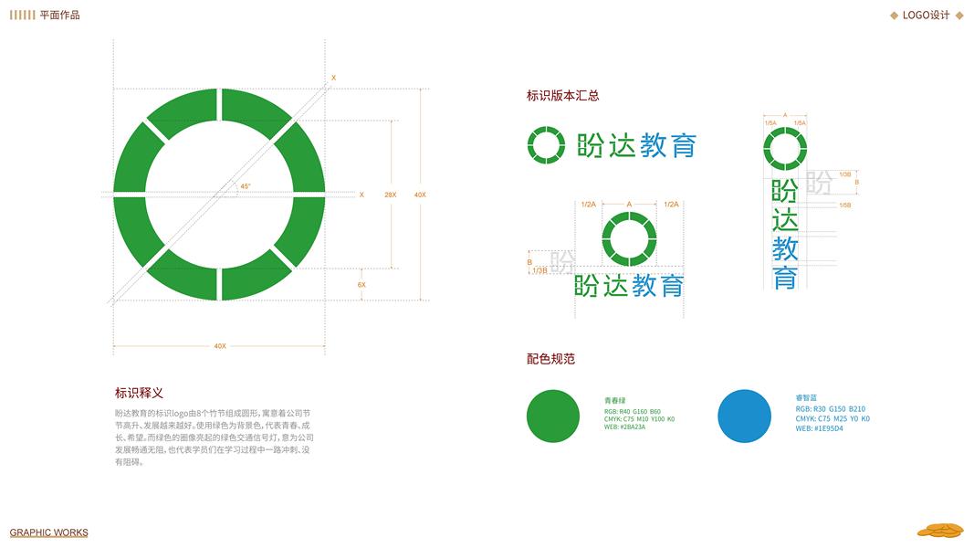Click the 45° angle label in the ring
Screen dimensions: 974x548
(x=246, y=186)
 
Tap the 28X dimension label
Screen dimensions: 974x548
(x=390, y=195)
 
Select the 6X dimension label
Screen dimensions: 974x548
(x=361, y=285)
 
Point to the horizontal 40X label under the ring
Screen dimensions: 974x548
(x=219, y=346)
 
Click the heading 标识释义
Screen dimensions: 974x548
(x=139, y=393)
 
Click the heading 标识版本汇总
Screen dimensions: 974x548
(x=562, y=95)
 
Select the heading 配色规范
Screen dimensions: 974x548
(x=550, y=359)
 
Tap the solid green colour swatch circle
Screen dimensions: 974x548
(x=553, y=416)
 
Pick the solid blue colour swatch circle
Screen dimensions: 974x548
(x=744, y=416)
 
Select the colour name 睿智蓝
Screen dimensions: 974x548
(x=808, y=398)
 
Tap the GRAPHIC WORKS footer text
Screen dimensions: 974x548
(x=49, y=532)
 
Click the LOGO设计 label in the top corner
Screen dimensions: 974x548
(x=926, y=16)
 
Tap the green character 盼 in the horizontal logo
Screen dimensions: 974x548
(x=591, y=145)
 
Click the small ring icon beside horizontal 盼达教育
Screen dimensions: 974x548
(x=546, y=144)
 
